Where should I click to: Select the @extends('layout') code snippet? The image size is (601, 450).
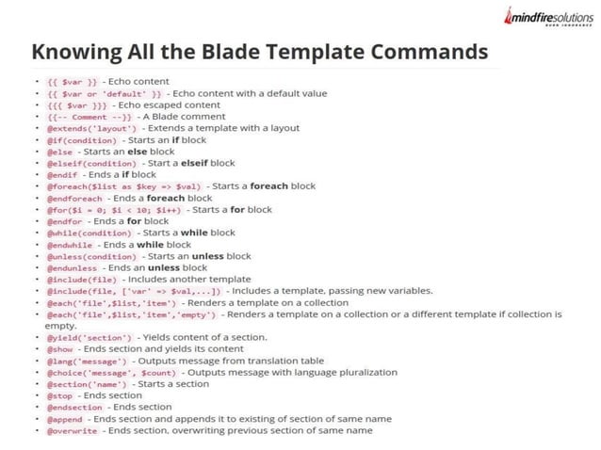pos(91,128)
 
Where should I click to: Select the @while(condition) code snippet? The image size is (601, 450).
pos(89,233)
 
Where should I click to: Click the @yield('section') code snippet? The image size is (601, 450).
pos(90,337)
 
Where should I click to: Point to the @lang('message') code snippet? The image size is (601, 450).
pos(88,361)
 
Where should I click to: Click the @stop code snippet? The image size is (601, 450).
pos(61,395)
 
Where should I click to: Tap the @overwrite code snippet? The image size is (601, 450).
pos(72,430)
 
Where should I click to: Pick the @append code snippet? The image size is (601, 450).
pos(66,419)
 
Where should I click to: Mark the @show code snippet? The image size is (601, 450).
pos(61,349)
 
